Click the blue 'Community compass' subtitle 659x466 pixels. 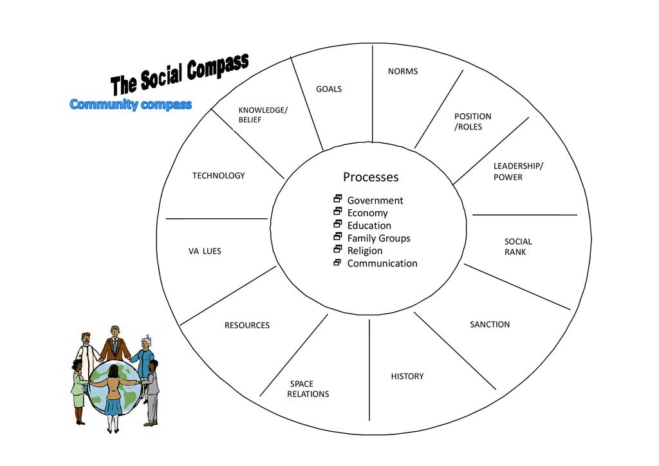131,104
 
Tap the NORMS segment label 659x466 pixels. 403,71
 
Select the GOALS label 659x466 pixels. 329,89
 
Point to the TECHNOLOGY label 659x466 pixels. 218,176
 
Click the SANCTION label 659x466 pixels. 490,324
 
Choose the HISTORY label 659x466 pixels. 407,376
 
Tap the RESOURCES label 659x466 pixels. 246,325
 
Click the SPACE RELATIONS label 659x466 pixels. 308,389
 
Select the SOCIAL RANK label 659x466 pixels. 517,247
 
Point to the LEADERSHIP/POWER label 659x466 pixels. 517,171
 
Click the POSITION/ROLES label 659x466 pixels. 472,121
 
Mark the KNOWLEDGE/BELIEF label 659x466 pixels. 263,115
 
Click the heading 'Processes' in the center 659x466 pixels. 371,177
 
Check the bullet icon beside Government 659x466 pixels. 337,199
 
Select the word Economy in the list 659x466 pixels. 367,213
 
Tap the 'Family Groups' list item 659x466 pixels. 378,238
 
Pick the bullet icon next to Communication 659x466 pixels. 337,262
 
